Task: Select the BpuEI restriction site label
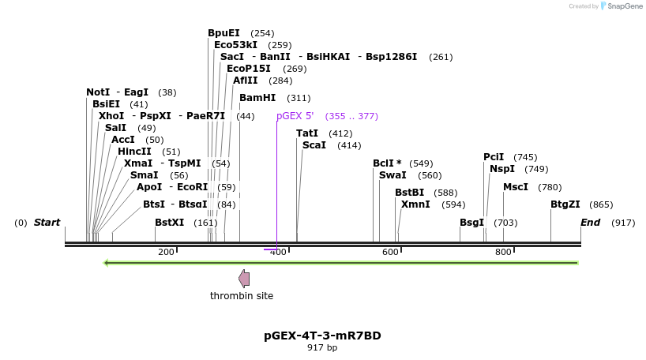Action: tap(223, 33)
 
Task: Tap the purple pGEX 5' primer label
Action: tap(295, 116)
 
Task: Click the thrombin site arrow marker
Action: tap(244, 278)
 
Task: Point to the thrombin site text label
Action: tap(242, 296)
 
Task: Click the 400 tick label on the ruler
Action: tap(278, 252)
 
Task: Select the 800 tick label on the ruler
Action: tap(503, 252)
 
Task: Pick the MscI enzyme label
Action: tap(516, 187)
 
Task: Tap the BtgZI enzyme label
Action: tap(565, 204)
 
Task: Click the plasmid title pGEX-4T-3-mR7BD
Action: tap(322, 336)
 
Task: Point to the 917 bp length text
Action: tap(322, 348)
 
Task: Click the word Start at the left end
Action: tap(47, 223)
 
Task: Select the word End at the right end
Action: tap(591, 223)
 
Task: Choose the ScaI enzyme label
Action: tap(314, 145)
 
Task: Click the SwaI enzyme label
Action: tap(392, 175)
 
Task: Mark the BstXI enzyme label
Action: tap(169, 223)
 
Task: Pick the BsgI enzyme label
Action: tap(471, 223)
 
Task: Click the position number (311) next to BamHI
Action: tap(299, 99)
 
